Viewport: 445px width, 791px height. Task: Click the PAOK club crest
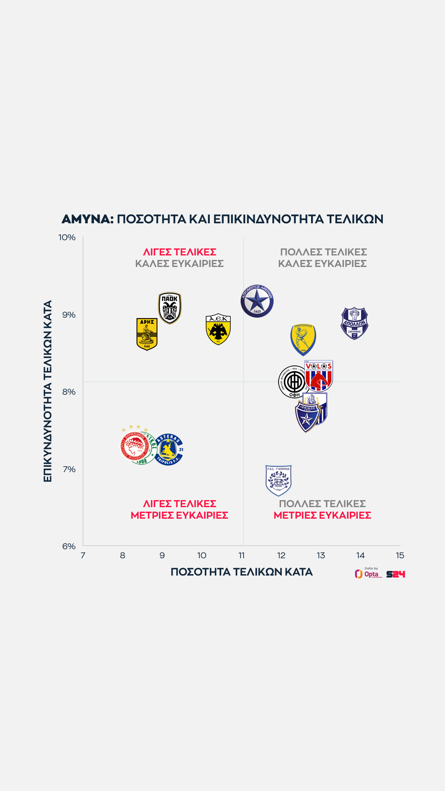(170, 308)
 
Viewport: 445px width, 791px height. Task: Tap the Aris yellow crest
(147, 334)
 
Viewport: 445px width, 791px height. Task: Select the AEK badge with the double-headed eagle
(218, 329)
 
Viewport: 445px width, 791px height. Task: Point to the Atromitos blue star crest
(257, 301)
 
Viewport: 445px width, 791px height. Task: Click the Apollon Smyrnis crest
(354, 323)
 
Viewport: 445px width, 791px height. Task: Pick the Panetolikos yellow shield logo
(303, 340)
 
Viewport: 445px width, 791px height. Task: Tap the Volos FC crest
(319, 375)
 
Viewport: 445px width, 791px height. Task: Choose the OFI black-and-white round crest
(292, 382)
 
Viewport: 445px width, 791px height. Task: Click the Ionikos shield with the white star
(307, 417)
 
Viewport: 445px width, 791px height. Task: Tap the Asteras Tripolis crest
(169, 449)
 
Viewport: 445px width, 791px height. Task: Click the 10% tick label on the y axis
(67, 237)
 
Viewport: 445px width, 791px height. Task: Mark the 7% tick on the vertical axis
(69, 469)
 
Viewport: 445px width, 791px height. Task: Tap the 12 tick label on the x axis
(281, 555)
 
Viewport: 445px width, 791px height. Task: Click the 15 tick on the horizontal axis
(400, 555)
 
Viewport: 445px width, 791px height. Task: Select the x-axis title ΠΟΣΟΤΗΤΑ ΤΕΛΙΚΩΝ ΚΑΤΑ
(241, 572)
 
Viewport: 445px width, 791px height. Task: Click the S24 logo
(396, 574)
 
